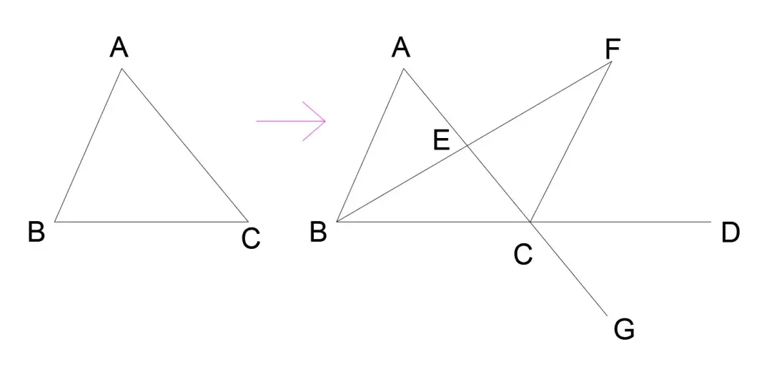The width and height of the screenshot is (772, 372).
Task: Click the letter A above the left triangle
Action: pos(119,49)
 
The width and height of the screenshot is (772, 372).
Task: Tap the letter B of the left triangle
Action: pos(36,232)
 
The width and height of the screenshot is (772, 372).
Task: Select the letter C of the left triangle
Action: pos(250,238)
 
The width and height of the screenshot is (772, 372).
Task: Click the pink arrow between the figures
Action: pos(292,122)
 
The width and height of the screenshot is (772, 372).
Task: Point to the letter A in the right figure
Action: pos(401,49)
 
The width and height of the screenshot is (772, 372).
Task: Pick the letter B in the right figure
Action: pos(319,232)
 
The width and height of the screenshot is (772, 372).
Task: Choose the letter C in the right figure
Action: pos(523,255)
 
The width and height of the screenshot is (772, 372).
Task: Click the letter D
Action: pos(730,233)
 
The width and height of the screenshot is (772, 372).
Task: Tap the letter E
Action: pos(442,140)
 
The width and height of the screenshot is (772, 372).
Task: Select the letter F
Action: pos(613,49)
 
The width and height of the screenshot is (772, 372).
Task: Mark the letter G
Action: pos(624,330)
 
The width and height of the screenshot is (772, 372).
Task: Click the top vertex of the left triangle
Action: pos(122,69)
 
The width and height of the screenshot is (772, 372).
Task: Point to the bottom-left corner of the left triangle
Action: pos(54,222)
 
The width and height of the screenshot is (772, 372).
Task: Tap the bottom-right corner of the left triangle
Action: pos(247,222)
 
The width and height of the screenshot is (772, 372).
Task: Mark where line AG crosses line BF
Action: pos(467,146)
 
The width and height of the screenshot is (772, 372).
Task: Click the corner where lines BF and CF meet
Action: pos(612,62)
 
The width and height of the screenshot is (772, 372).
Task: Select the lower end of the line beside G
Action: pos(607,314)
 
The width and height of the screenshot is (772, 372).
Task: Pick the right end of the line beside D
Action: pos(712,222)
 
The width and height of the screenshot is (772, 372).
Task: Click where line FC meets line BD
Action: pos(530,222)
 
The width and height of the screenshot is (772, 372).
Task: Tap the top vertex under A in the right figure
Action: pos(405,69)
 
